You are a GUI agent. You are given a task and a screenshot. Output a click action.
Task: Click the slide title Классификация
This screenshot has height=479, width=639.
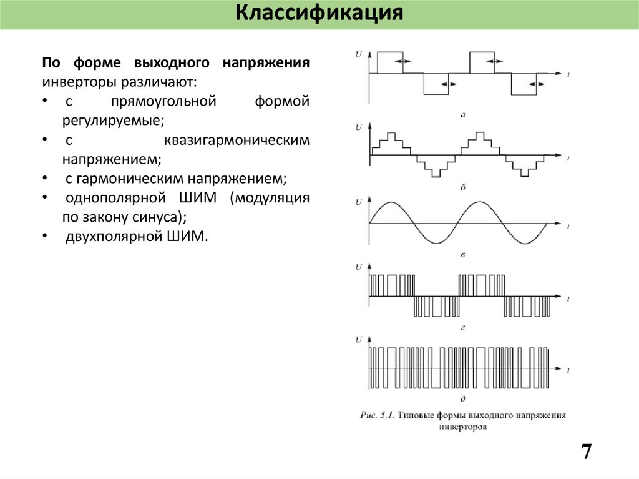319,14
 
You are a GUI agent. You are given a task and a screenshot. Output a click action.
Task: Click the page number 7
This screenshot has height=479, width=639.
586,452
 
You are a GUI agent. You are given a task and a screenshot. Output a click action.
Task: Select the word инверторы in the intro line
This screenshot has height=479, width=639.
72,81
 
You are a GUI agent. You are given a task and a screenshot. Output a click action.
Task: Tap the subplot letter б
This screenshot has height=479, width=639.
462,187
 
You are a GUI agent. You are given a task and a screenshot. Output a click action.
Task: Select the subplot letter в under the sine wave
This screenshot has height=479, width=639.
462,255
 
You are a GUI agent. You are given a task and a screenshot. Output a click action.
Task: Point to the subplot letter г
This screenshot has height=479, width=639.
462,327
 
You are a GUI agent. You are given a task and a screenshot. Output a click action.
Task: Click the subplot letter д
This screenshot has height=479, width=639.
462,398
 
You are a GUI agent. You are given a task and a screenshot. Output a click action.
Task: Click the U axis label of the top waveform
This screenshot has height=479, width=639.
358,54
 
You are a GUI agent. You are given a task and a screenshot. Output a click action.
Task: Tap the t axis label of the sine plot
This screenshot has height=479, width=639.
569,224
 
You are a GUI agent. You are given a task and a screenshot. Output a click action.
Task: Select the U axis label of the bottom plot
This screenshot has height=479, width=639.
358,340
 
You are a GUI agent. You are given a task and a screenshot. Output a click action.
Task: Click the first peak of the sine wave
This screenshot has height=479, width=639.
391,202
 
